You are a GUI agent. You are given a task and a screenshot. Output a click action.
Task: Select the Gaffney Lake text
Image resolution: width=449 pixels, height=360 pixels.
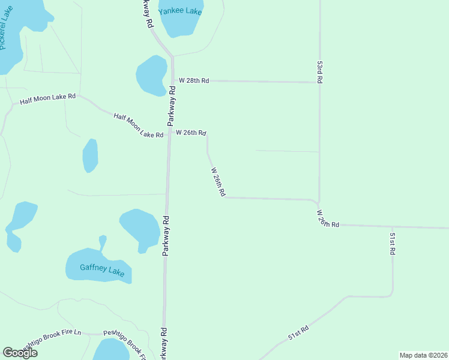pos(102,270)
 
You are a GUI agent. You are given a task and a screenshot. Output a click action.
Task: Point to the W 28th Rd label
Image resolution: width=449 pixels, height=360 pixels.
pos(193,80)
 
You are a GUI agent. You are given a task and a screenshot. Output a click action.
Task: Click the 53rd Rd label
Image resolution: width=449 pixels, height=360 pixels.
pos(321,71)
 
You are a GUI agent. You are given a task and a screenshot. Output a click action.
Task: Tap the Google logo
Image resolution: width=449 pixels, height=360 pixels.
pos(20,353)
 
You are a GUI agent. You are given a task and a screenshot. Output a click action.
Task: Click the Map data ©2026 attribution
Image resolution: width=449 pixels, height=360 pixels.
pos(423,355)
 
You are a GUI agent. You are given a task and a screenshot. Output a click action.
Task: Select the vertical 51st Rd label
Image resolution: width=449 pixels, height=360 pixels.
pos(392,244)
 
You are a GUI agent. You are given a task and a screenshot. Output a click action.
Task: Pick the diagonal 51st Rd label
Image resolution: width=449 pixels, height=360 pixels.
pos(298,333)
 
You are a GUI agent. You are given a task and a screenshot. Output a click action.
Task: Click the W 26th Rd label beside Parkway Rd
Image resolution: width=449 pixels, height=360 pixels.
pos(191,132)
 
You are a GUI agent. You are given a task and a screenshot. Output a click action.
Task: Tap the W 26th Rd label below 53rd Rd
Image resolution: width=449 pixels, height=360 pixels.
pos(328,218)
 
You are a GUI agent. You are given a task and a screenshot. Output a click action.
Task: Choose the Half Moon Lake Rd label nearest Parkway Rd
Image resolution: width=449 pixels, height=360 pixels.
pos(139,125)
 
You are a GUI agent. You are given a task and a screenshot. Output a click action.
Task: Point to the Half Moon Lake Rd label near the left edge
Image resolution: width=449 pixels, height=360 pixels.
pos(47,99)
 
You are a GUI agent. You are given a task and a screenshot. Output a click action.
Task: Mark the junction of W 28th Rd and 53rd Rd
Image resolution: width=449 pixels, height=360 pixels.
pos(319,82)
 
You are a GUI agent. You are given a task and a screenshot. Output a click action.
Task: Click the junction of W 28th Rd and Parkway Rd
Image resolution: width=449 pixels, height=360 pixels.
pos(173,80)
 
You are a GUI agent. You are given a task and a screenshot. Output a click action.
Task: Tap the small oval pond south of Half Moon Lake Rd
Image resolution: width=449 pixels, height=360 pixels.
pos(90,155)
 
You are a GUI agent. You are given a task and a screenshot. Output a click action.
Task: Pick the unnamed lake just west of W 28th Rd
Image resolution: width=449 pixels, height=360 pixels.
pos(151,75)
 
